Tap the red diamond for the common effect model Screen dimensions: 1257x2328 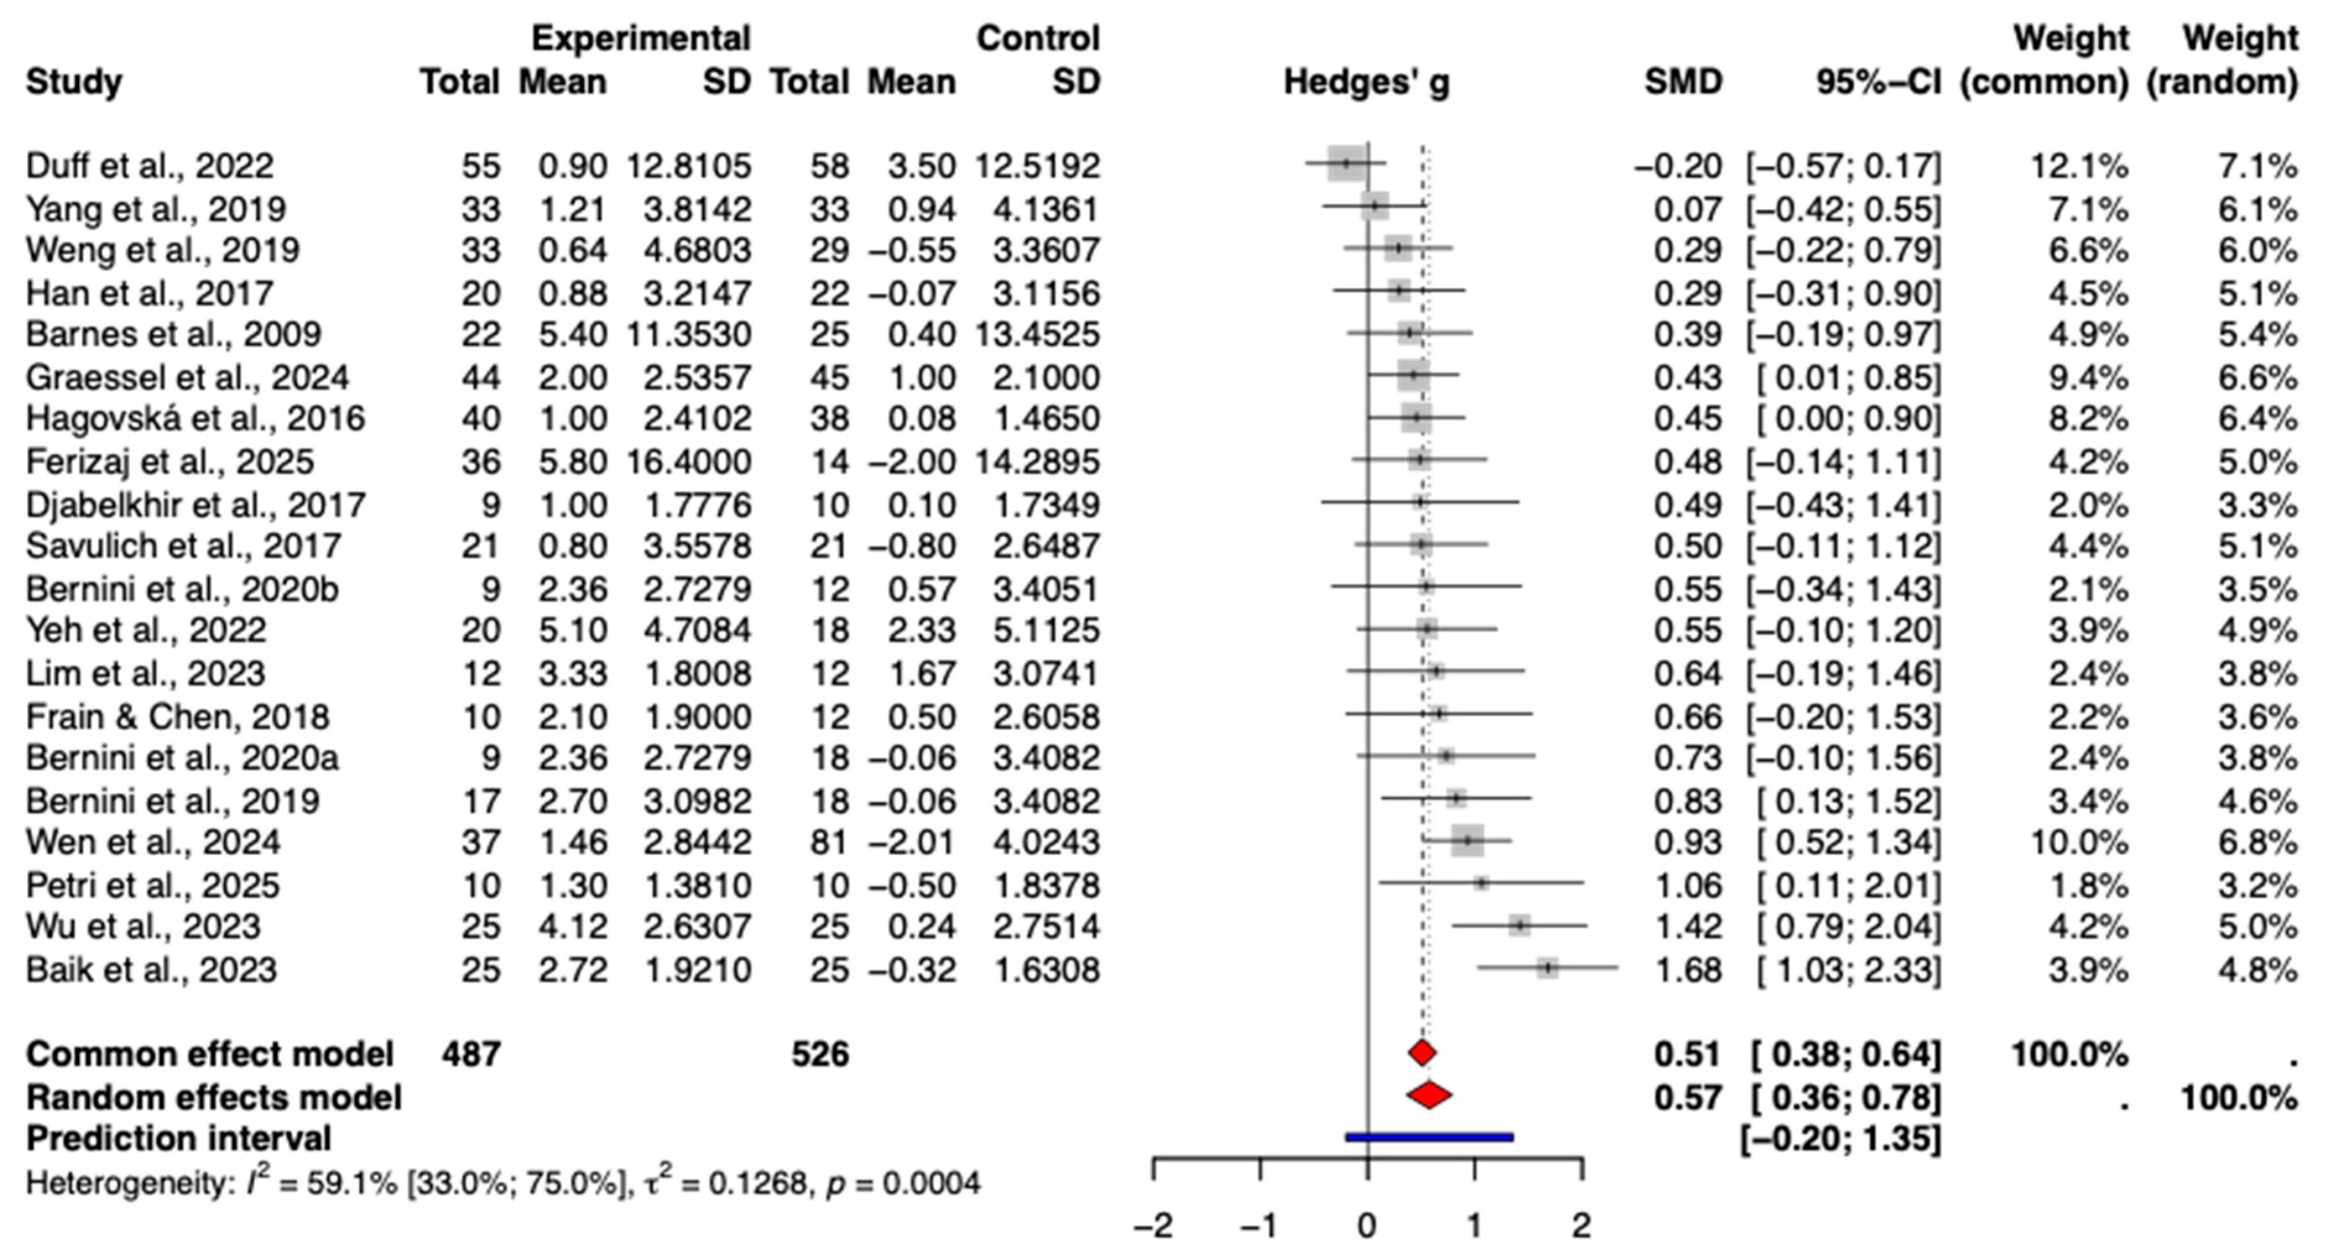(1422, 1053)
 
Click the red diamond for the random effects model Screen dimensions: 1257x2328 (1429, 1096)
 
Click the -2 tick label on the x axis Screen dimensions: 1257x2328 (1153, 1226)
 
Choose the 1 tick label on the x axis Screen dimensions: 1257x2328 (1474, 1226)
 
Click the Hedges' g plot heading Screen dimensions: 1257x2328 (1367, 82)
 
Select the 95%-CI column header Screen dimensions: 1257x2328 (1878, 82)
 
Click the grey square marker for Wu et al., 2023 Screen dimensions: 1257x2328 (1520, 925)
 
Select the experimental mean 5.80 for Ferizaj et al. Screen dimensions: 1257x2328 (572, 461)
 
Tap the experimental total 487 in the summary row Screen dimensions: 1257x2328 (470, 1053)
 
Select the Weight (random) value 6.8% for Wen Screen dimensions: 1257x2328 (2257, 841)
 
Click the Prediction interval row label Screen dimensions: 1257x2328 (178, 1139)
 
